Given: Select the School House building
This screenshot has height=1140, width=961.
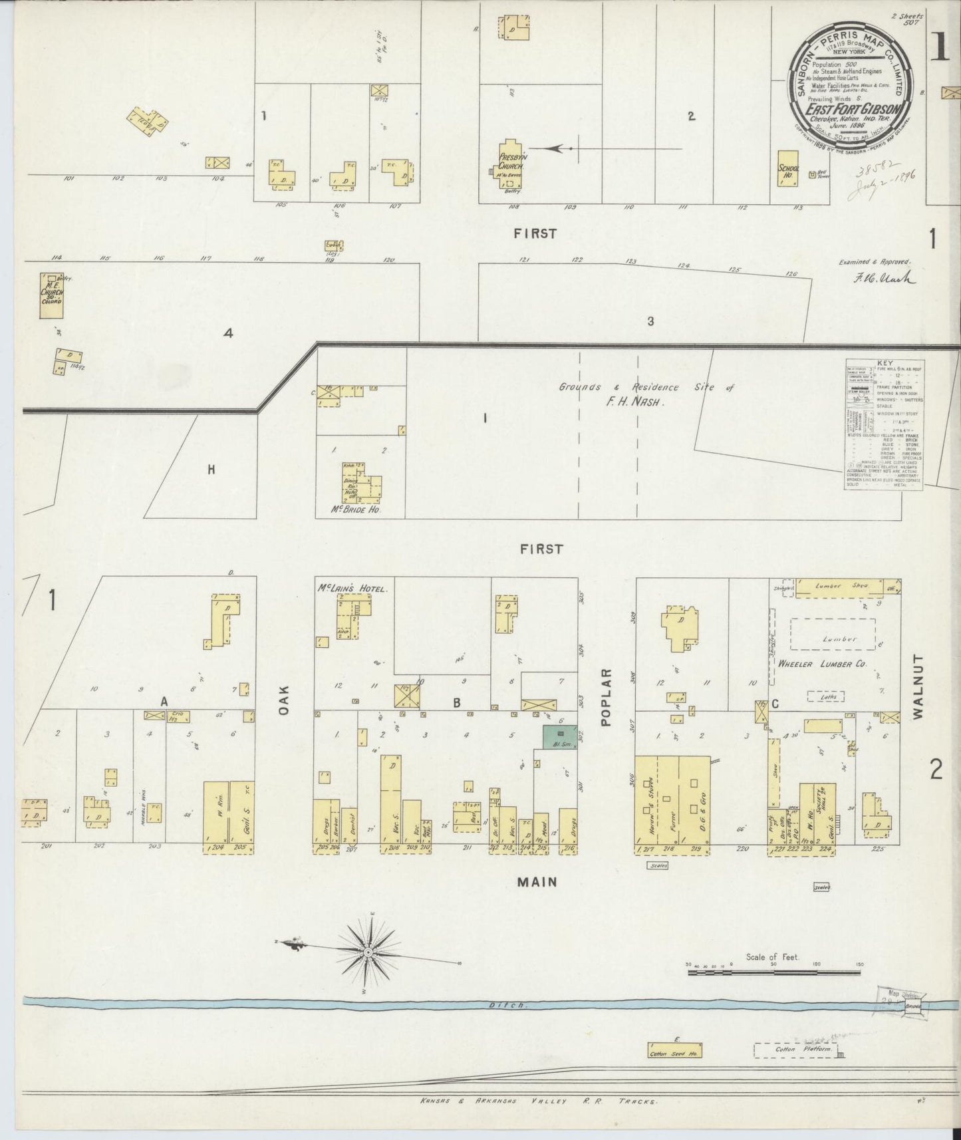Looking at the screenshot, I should [787, 169].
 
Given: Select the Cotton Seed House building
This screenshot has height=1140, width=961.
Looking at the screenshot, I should [675, 1050].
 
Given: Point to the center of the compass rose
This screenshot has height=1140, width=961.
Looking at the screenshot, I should [368, 953].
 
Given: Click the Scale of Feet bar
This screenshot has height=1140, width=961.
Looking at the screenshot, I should [774, 972].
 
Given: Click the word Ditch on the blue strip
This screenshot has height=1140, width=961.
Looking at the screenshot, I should [517, 1006].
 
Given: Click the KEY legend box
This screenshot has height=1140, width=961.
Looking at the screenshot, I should [885, 425].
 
